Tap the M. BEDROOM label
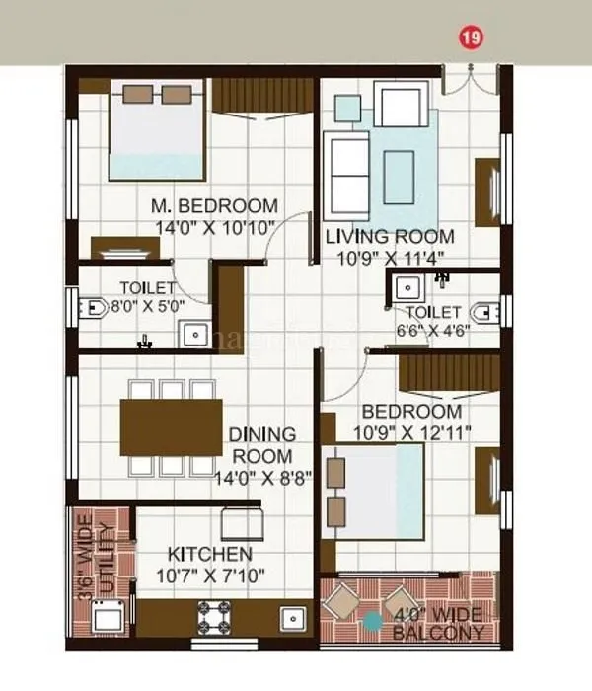(x=214, y=206)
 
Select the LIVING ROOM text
(x=390, y=236)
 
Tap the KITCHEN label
(x=209, y=554)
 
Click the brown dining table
(x=172, y=426)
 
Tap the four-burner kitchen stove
(x=216, y=618)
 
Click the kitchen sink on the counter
(x=291, y=619)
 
